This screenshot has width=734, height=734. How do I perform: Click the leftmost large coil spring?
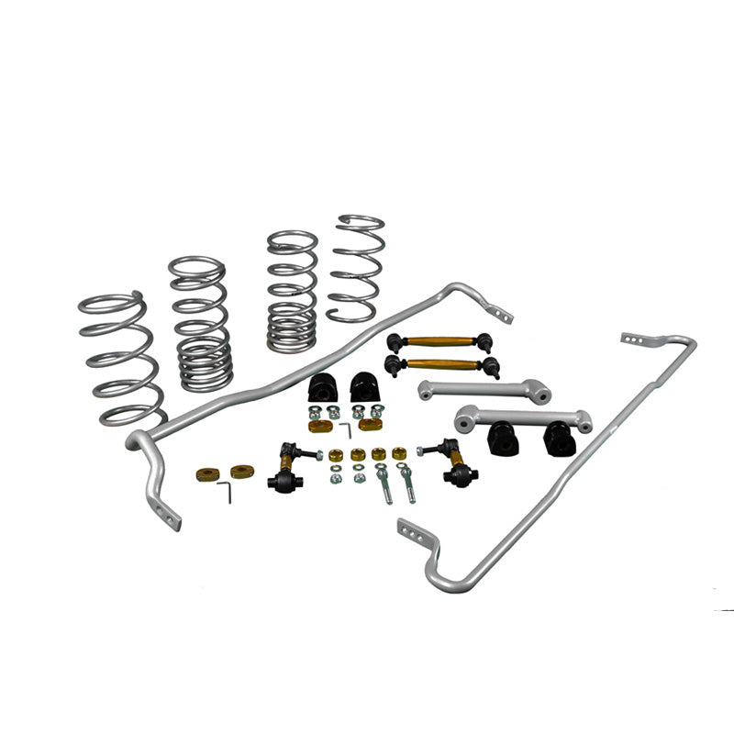(119, 358)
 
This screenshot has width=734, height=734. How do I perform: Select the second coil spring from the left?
(200, 321)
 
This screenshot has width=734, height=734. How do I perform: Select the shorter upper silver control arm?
(484, 391)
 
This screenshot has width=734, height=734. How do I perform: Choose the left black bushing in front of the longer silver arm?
(502, 437)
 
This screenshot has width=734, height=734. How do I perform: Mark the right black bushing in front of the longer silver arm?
(559, 438)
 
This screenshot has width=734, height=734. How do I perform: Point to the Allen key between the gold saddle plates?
(345, 429)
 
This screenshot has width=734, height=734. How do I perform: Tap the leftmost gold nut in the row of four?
(336, 455)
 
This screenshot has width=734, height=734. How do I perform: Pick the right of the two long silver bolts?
(406, 483)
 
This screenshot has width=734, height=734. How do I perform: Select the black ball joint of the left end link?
(281, 480)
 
